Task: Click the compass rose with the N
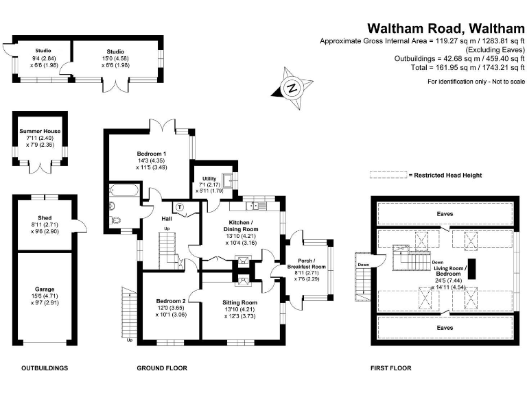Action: (x=292, y=87)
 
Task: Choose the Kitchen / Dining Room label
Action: (x=240, y=230)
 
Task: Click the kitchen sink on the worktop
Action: (x=257, y=205)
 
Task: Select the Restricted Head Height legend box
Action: (x=388, y=176)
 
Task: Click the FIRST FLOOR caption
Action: (x=390, y=368)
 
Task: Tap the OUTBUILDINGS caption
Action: (x=45, y=368)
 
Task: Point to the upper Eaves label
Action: (x=445, y=214)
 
